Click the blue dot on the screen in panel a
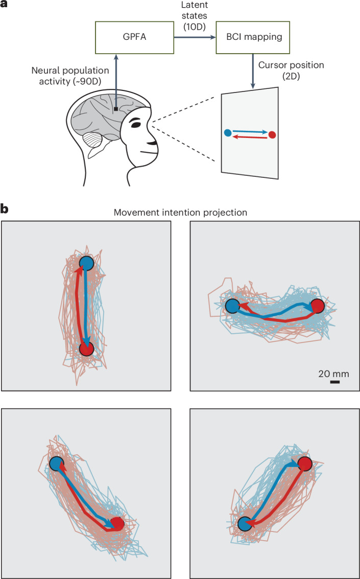(228, 132)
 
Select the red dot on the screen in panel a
(272, 135)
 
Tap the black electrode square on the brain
(117, 109)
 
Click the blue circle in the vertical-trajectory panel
(86, 263)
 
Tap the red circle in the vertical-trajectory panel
(87, 349)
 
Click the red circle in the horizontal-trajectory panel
(318, 306)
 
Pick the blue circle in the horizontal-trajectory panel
(232, 306)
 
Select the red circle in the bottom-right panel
(305, 464)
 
